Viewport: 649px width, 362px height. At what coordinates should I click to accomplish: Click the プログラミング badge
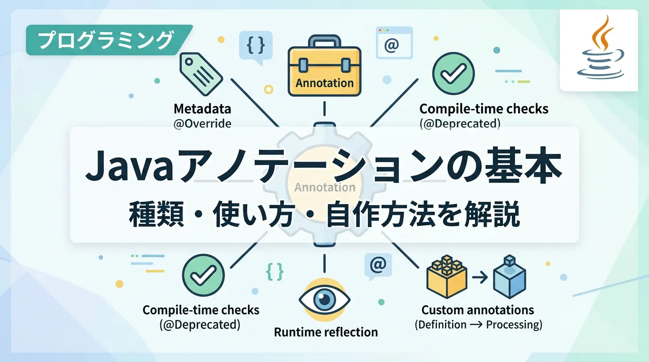[x=105, y=40]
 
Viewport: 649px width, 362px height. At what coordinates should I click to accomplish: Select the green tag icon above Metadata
[x=201, y=72]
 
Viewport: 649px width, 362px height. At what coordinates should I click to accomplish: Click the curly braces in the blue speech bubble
[x=255, y=45]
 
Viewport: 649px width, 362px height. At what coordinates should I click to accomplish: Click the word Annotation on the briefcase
[x=324, y=83]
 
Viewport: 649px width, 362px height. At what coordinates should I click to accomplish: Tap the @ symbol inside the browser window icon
[x=391, y=45]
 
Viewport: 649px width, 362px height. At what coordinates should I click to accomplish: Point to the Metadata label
[x=202, y=109]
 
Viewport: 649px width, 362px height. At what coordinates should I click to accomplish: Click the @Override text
[x=202, y=123]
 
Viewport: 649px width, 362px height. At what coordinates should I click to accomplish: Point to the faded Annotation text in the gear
[x=325, y=187]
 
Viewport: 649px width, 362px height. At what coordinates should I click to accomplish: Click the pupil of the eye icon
[x=325, y=299]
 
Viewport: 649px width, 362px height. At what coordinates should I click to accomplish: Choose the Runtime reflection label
[x=326, y=332]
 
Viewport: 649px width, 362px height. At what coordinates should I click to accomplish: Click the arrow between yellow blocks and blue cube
[x=479, y=279]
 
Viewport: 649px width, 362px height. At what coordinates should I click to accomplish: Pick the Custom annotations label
[x=478, y=310]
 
